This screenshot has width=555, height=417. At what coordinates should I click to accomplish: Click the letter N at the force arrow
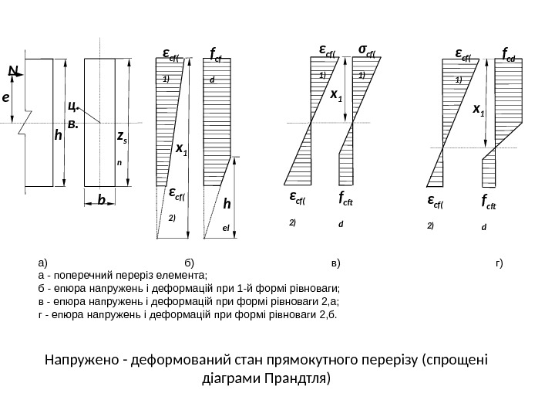coord(12,71)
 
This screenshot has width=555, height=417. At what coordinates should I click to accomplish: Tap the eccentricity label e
coord(5,98)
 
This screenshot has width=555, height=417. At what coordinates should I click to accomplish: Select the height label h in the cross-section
coord(57,136)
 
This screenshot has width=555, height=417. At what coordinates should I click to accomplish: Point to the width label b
coord(101,199)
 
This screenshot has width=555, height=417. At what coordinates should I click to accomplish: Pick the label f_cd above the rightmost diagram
coord(510,55)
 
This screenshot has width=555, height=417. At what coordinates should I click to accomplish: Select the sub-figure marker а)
coord(42,263)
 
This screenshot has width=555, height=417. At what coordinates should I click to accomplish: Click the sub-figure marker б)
coord(190,263)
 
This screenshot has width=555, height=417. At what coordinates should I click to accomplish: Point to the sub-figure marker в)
coord(335,263)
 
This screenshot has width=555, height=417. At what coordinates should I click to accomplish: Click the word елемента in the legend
coord(186,275)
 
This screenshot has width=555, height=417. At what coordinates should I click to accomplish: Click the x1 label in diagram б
coord(182,150)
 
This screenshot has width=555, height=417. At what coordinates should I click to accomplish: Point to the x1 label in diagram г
coord(479,110)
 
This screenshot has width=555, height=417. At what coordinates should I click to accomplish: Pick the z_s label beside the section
coord(121,138)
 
